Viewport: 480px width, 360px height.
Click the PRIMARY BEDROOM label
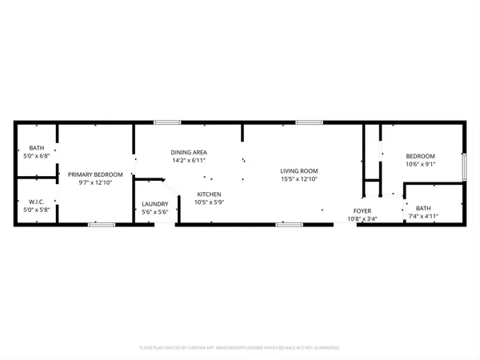(95, 174)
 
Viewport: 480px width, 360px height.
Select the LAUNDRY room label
(154, 203)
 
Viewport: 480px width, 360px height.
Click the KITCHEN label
(209, 194)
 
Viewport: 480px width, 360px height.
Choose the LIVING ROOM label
(299, 171)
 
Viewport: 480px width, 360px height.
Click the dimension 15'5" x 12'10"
(299, 180)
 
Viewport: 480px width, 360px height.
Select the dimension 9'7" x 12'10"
(95, 183)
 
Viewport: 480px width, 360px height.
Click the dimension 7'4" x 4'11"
(423, 217)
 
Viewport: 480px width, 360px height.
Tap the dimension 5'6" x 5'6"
(154, 212)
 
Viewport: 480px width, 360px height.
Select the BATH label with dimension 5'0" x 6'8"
(36, 148)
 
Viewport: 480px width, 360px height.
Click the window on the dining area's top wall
(166, 122)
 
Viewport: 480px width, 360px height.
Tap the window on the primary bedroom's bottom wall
(101, 225)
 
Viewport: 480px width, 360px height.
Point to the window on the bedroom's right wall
(464, 166)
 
